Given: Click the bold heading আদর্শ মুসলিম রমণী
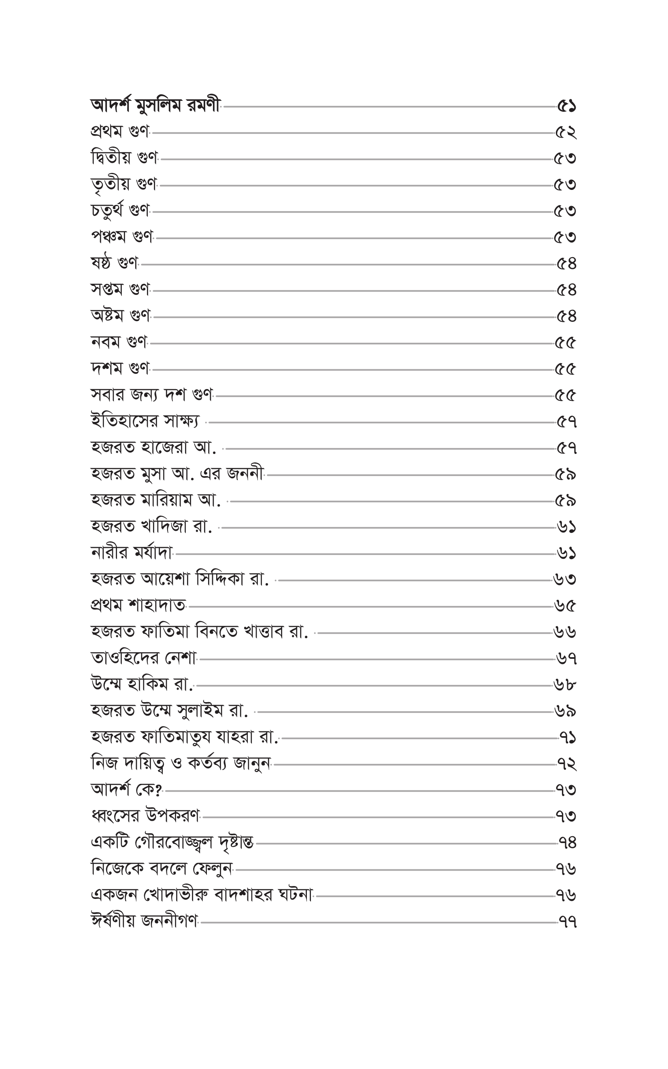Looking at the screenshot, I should [155, 106].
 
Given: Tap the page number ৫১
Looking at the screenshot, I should [566, 106].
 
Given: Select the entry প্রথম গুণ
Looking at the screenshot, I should [120, 132].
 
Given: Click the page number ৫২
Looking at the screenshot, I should [566, 132].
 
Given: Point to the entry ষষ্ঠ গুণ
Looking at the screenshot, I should [115, 263].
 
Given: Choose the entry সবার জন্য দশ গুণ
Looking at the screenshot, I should [151, 395].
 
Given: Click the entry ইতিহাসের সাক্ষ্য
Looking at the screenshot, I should [145, 421].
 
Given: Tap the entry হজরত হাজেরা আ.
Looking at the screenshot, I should [153, 447].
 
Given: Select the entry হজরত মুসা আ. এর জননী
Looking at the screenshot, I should [177, 474].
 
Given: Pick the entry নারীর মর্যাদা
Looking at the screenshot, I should [131, 553].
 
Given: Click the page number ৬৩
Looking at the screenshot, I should [565, 579].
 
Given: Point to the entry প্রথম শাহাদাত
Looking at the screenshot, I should [138, 605].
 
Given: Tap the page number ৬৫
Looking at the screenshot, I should [565, 606].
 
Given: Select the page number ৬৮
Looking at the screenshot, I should [565, 685].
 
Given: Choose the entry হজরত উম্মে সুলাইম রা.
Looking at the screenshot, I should [169, 711].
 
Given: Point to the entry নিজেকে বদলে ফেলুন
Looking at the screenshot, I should [162, 869].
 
